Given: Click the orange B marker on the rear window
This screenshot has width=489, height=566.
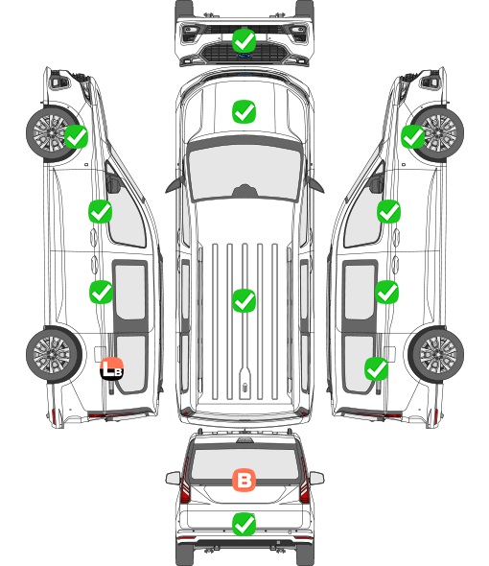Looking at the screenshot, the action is (x=244, y=480).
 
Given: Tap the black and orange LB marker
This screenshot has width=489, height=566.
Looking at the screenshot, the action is (x=112, y=368).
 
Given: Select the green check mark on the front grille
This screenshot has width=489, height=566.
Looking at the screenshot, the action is (x=244, y=40).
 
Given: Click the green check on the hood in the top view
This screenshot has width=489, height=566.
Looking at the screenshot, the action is (x=244, y=111).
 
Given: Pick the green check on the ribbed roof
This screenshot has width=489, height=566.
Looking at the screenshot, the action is (x=244, y=300).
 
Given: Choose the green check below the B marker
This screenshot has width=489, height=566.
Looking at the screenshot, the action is (x=244, y=524).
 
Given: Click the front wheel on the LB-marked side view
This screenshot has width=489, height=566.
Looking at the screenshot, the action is (x=53, y=132).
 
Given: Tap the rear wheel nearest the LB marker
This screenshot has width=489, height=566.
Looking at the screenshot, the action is (x=54, y=355).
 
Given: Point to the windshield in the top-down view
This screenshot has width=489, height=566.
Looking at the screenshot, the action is (x=244, y=172).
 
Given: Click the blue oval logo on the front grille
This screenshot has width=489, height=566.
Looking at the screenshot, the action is (x=244, y=56).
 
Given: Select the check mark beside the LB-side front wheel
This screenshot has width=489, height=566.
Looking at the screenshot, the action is (x=76, y=136).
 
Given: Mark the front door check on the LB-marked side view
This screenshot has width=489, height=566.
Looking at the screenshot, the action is (x=100, y=211).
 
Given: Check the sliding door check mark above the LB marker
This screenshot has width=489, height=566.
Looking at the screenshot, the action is (x=101, y=292).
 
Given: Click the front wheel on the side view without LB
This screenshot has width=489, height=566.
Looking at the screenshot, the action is (x=437, y=132).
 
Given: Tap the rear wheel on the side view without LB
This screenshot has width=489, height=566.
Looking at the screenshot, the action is (x=436, y=355).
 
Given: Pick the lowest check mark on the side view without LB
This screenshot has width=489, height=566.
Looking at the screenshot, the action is (x=377, y=368).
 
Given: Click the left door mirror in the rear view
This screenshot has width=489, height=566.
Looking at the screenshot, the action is (x=173, y=478).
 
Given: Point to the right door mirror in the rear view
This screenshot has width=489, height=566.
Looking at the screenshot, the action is (x=316, y=478).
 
